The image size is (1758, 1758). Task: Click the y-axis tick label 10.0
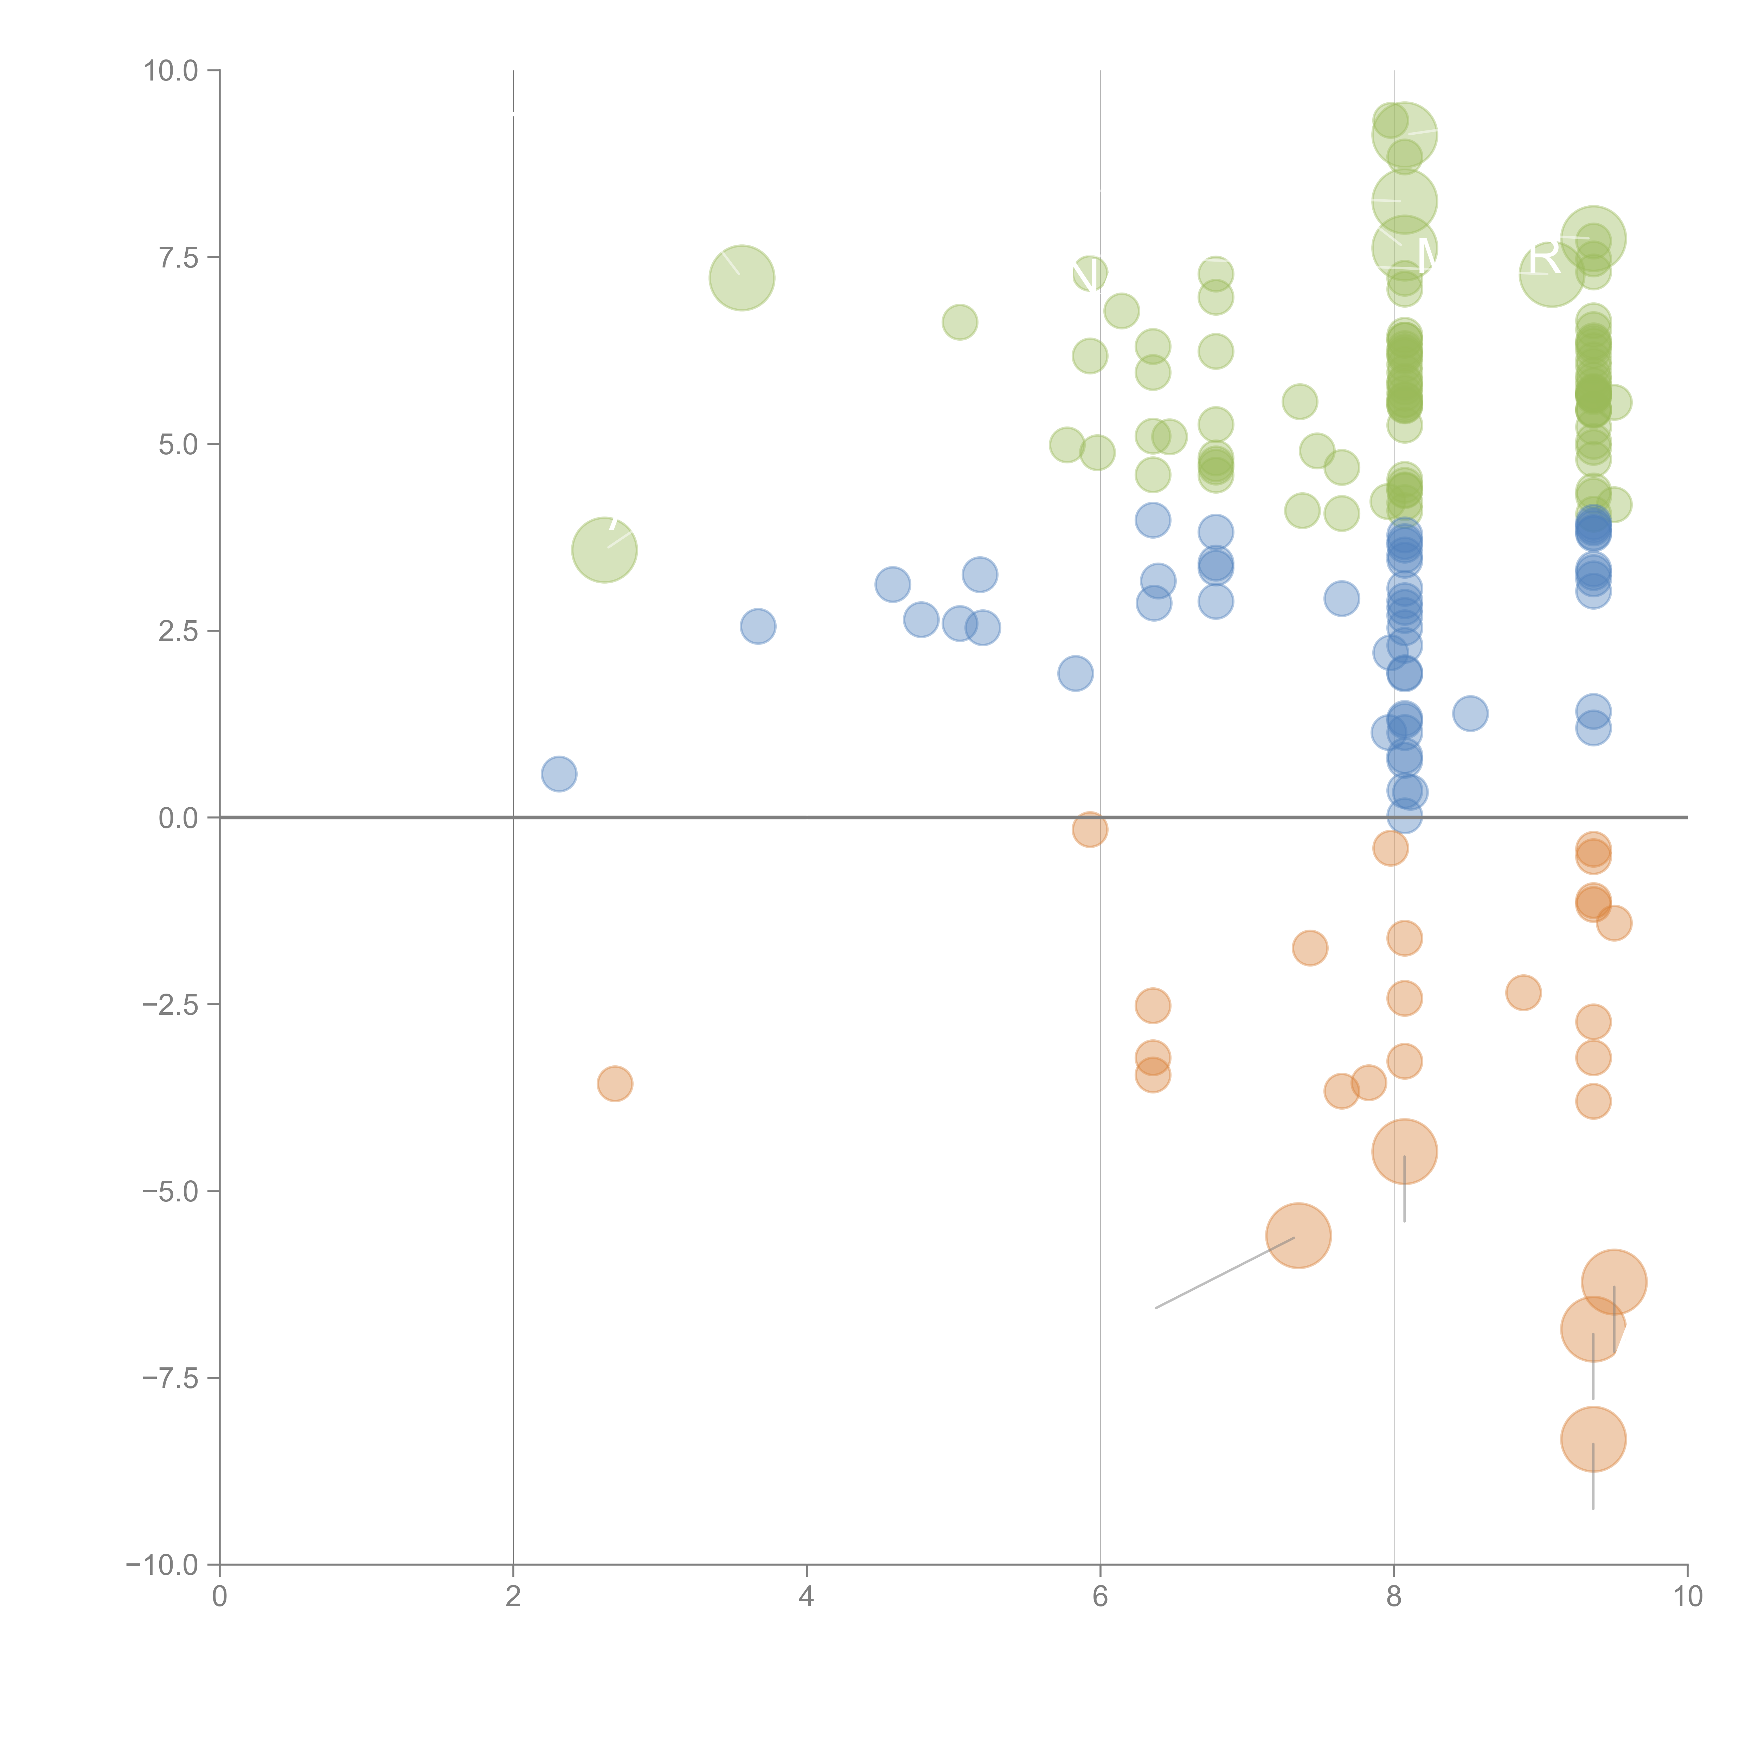(171, 71)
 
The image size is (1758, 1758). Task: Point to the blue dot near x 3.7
(758, 626)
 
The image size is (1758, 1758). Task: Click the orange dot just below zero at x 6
(1089, 829)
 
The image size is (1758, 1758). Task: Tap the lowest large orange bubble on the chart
(1592, 1439)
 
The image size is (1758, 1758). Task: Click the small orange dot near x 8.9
(1523, 992)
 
